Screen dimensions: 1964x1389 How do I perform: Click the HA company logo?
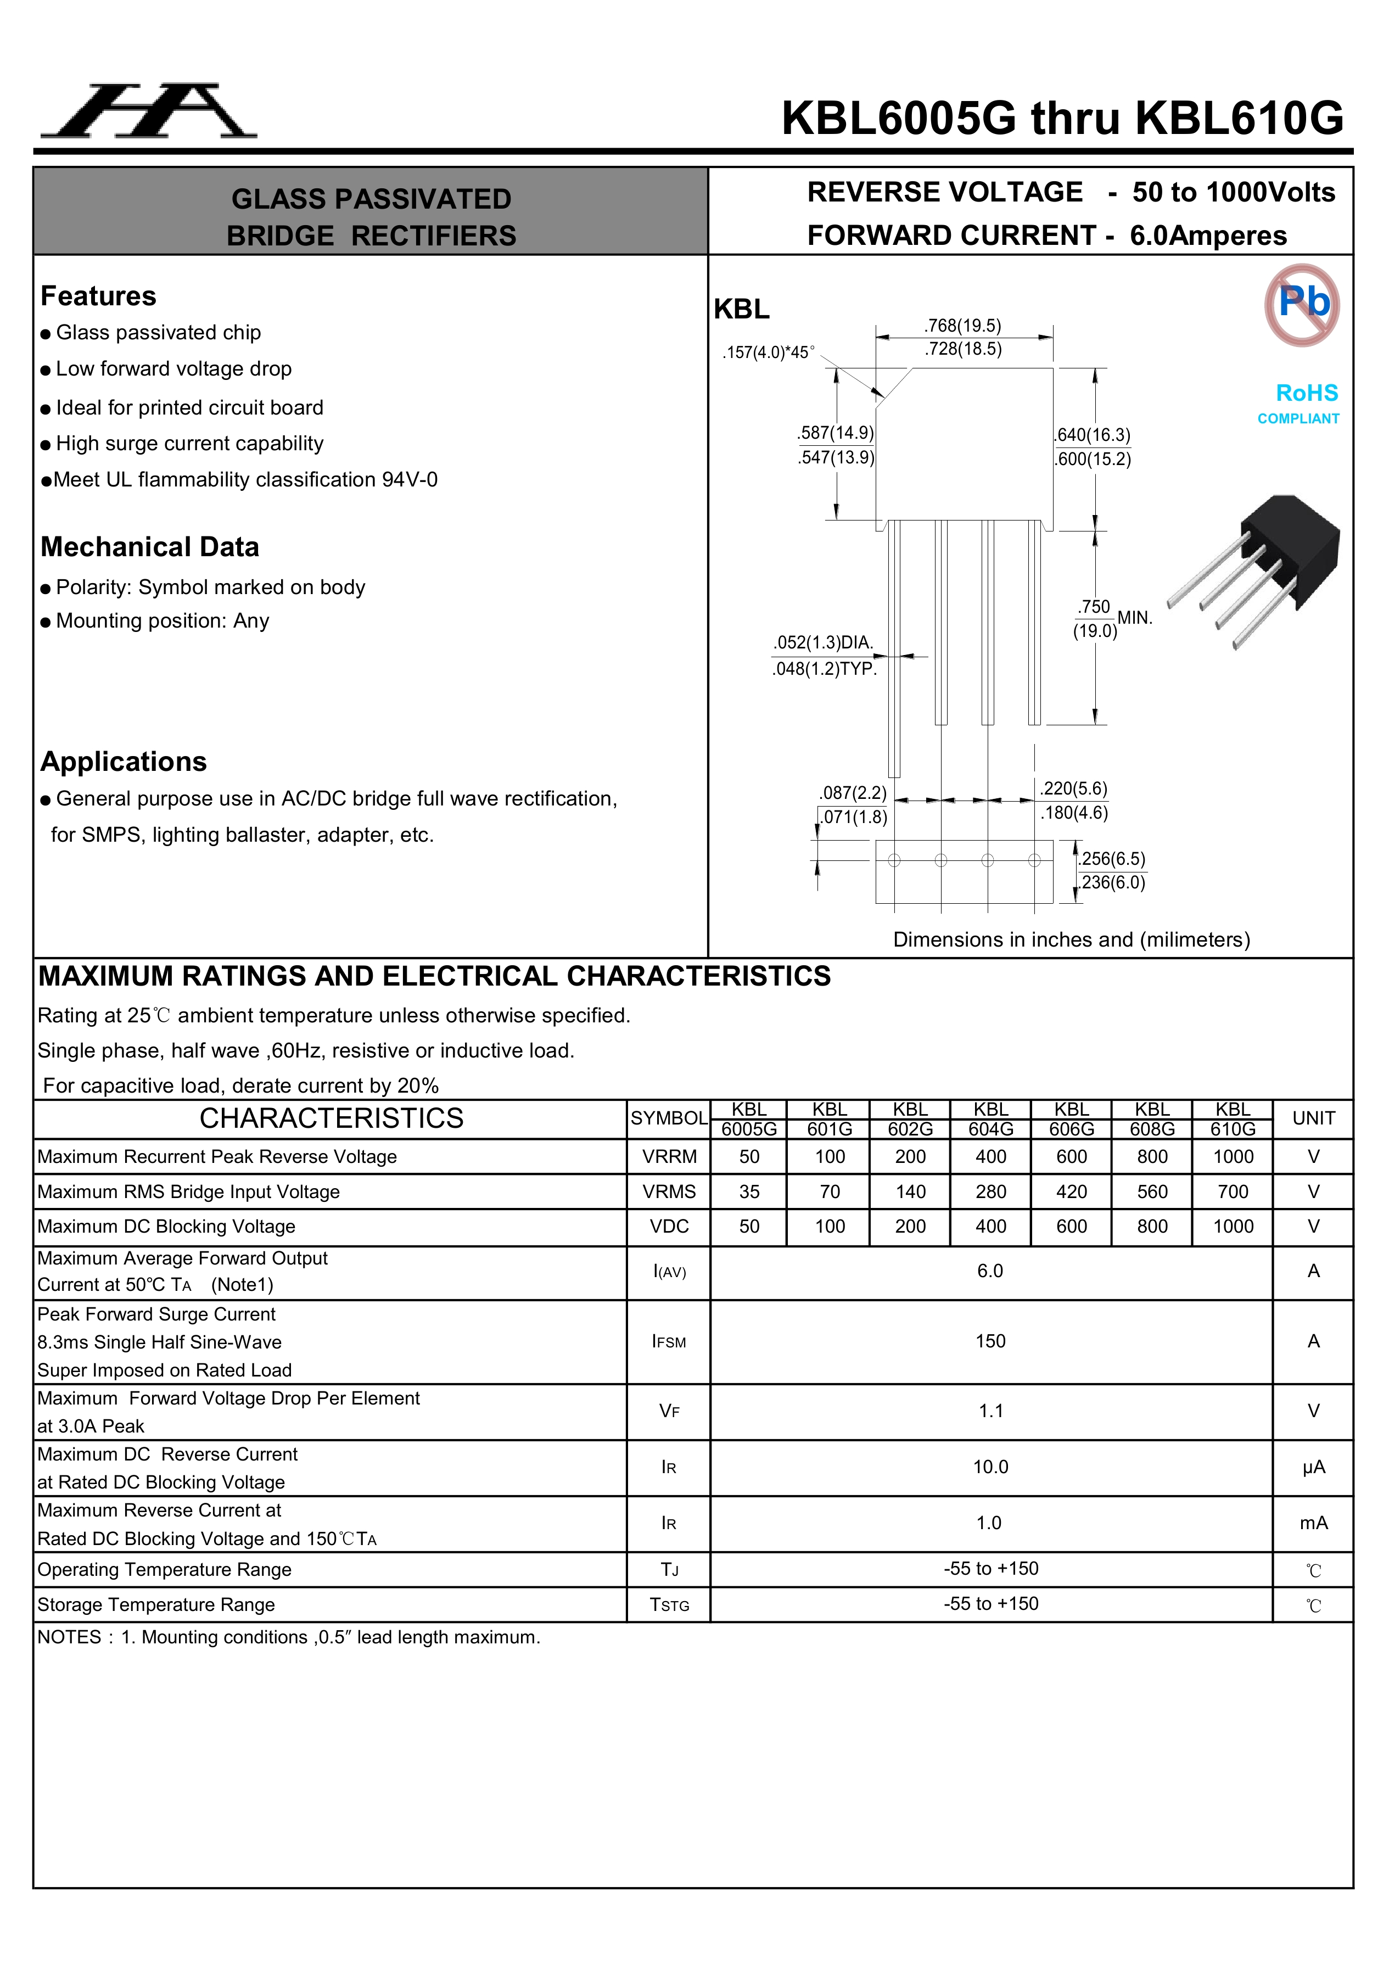tap(149, 111)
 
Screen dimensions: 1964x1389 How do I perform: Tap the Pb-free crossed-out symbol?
tap(1302, 305)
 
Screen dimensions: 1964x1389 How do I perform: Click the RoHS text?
tap(1306, 394)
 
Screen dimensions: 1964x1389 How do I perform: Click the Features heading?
tap(98, 296)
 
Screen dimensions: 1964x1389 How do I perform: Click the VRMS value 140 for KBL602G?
tap(910, 1191)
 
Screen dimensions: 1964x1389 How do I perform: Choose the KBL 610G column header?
tap(1233, 1119)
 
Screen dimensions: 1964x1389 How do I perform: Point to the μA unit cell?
tap(1313, 1468)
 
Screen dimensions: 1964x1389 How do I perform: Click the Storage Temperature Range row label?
tap(156, 1605)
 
